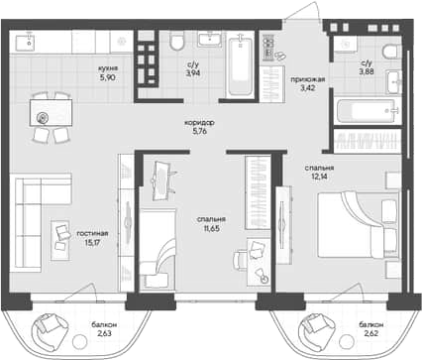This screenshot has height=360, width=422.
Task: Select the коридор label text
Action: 202,122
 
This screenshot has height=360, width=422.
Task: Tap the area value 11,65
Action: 210,229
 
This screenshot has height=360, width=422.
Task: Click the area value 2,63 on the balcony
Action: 106,335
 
